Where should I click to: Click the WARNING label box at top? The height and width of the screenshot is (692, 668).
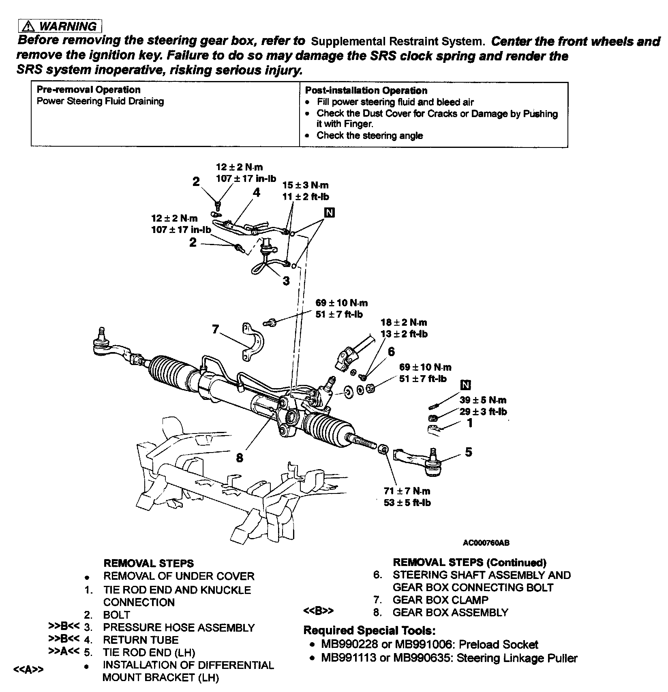(60, 26)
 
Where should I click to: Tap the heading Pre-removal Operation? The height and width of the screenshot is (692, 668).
(88, 90)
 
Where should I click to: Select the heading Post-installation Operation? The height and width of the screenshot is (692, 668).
(366, 91)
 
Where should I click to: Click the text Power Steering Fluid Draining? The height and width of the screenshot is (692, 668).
(100, 101)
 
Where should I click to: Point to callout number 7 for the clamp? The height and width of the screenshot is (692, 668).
(215, 329)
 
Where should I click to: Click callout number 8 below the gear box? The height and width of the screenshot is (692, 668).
(240, 458)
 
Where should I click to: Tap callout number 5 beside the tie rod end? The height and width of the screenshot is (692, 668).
(469, 452)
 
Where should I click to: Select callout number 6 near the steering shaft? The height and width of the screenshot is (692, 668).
(391, 351)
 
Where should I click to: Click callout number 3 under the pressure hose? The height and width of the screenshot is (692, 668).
(286, 280)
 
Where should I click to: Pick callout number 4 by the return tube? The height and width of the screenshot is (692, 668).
(257, 192)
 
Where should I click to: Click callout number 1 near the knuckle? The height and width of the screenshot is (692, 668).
(470, 423)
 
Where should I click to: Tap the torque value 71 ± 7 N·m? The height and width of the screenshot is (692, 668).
(407, 491)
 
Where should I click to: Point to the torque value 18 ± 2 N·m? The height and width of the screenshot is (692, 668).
(404, 323)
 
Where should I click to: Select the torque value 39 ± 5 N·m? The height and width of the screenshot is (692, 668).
(483, 400)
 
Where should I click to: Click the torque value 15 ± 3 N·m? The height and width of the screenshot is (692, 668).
(305, 185)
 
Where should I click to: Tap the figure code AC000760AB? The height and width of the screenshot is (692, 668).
(486, 542)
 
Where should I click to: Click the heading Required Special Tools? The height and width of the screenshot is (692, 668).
(369, 630)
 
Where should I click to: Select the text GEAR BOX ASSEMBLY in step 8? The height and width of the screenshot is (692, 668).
(450, 612)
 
